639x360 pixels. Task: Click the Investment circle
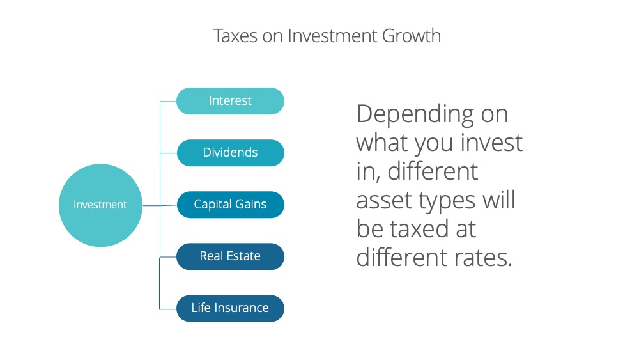[x=100, y=205]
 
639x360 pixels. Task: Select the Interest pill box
[x=230, y=100]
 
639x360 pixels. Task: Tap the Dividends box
[x=230, y=152]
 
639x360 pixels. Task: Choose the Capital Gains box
[x=230, y=204]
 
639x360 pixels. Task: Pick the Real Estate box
[x=230, y=256]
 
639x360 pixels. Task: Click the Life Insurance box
[x=230, y=308]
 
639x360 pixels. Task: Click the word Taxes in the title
[x=236, y=36]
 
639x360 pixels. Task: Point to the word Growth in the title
[x=412, y=36]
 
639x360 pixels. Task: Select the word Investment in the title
[x=332, y=36]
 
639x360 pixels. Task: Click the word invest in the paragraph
[x=491, y=143]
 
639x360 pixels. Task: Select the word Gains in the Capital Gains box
[x=250, y=204]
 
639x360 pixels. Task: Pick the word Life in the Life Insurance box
[x=201, y=308]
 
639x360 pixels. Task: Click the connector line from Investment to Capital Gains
[x=159, y=205]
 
